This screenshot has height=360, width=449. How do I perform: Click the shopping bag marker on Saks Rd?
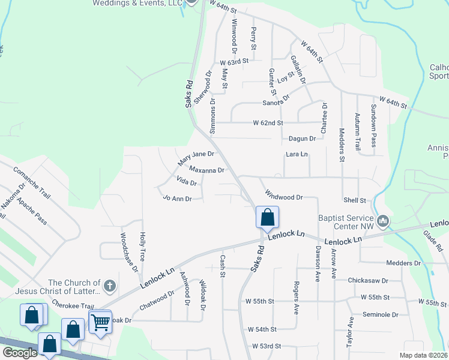[x=267, y=217]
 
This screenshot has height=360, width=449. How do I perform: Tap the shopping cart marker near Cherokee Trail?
[x=100, y=322]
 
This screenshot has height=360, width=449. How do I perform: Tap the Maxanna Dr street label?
[x=207, y=170]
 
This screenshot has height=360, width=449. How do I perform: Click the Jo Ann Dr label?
[x=177, y=198]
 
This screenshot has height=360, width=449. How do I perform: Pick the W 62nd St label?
[x=268, y=122]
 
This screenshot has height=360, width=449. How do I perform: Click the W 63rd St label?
[x=234, y=62]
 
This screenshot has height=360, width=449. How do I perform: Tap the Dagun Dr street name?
[x=302, y=139]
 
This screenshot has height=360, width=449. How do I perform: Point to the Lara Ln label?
[x=297, y=154]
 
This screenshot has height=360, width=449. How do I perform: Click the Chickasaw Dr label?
[x=369, y=280]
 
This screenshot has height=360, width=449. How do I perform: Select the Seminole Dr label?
[x=381, y=314]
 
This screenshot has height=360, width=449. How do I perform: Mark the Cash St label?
[x=222, y=262]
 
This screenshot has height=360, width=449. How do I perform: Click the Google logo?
[x=20, y=353]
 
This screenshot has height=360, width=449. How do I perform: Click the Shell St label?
[x=355, y=200]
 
